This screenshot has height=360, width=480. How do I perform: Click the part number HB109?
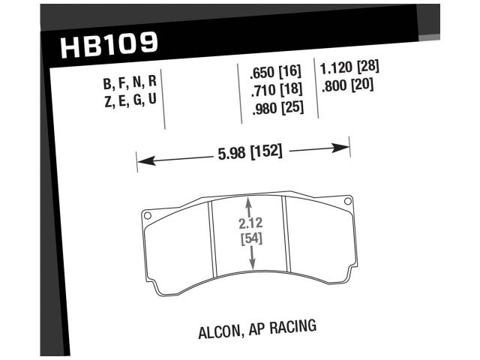tap(108, 46)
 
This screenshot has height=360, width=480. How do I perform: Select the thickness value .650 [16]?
tap(274, 73)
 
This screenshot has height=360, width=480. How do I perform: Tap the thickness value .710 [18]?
tap(274, 91)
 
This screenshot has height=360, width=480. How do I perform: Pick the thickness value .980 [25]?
tap(274, 109)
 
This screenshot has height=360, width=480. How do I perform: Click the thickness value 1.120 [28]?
tap(349, 66)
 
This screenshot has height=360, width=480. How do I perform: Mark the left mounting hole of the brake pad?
tap(148, 217)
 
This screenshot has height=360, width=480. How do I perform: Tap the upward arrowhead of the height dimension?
tap(249, 202)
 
